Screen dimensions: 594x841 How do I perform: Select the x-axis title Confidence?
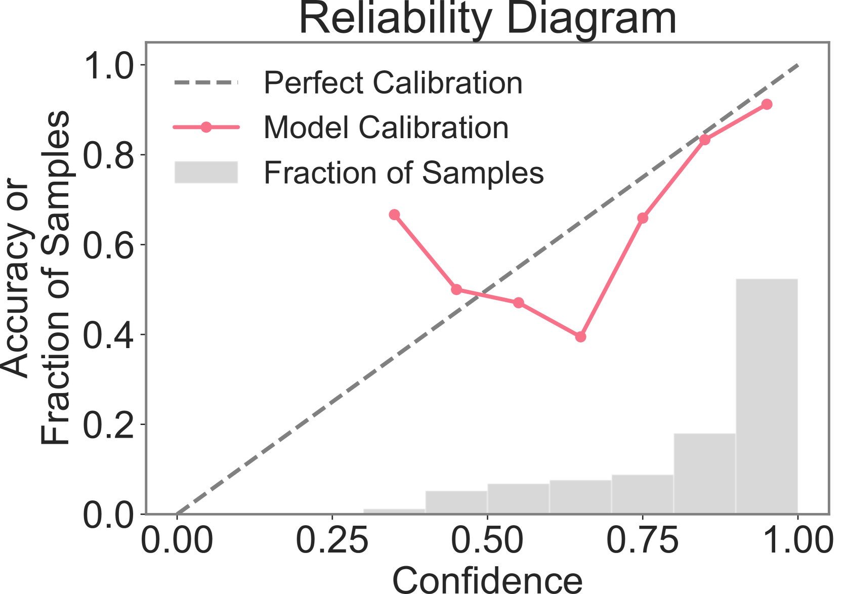pos(487,580)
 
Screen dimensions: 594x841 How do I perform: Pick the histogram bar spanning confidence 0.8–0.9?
pos(704,473)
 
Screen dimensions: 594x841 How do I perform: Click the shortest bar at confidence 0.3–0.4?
pos(394,511)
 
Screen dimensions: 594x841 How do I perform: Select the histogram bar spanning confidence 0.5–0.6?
pos(518,498)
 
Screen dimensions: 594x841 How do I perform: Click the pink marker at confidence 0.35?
pos(394,215)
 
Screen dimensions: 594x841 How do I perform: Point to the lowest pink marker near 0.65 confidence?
pos(580,337)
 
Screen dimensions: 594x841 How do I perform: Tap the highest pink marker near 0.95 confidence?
pos(767,104)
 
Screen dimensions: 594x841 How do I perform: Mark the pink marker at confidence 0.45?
pos(456,289)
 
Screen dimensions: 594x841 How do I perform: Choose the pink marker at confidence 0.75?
pos(643,218)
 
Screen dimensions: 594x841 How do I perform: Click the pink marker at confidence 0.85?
pos(705,140)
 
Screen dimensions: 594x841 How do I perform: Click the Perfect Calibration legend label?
pos(393,82)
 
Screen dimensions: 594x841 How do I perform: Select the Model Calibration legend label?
pos(386,127)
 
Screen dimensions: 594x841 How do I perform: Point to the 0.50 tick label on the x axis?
pos(487,540)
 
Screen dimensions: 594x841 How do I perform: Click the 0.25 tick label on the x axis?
pos(332,540)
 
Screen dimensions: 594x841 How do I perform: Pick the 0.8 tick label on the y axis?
pos(109,155)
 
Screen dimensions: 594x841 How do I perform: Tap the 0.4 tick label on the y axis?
pos(109,334)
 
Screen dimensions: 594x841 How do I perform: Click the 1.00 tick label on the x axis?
pos(798,540)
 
